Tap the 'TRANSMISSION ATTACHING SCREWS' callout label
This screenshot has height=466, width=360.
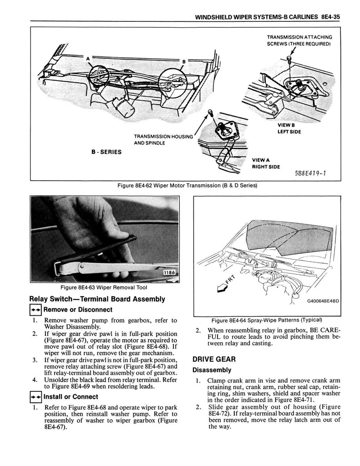click(x=299, y=40)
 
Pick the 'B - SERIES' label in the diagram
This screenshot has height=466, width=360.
click(x=105, y=152)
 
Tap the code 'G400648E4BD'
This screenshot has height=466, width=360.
click(x=316, y=301)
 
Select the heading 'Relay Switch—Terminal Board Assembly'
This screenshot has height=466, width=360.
click(x=97, y=299)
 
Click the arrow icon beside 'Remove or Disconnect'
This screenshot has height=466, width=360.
click(x=35, y=310)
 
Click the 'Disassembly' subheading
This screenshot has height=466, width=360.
click(x=212, y=370)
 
